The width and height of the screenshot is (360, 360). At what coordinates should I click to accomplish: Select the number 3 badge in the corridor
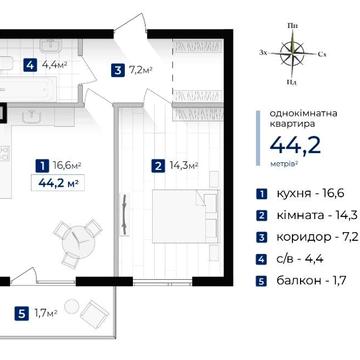point(118,70)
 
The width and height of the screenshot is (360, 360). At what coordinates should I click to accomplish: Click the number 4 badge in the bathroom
point(31,67)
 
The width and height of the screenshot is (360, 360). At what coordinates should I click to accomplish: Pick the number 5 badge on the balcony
point(22,286)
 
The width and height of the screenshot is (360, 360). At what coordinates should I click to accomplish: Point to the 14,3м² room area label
point(183,165)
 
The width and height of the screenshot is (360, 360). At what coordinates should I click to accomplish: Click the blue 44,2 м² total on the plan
point(56,184)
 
